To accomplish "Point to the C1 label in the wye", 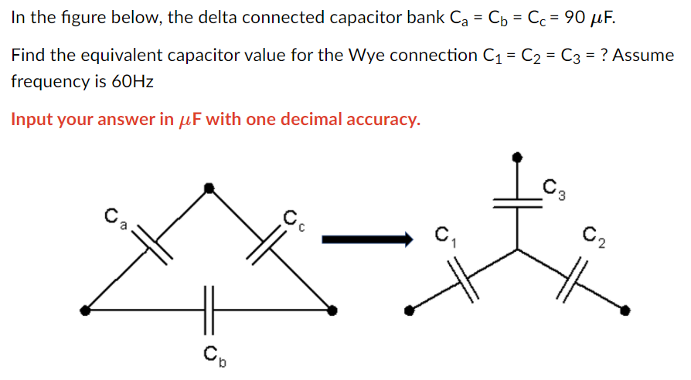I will [444, 236].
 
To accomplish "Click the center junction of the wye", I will [517, 249].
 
